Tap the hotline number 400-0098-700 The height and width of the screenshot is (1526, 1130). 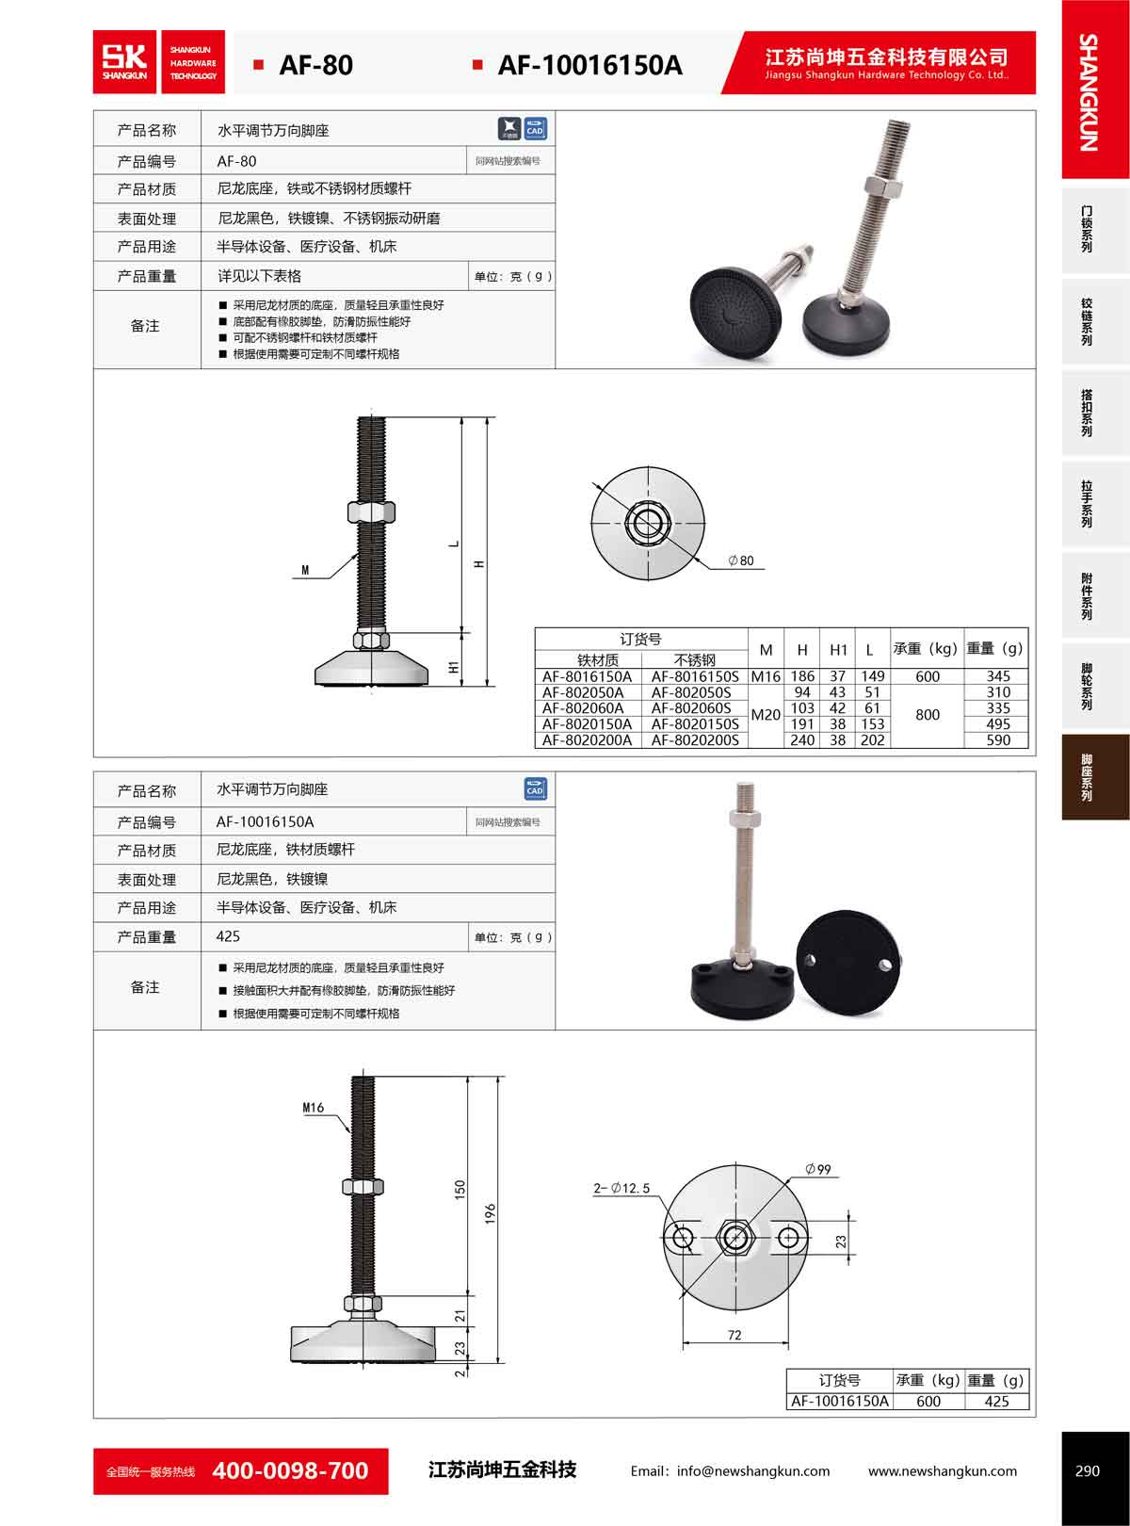point(290,1470)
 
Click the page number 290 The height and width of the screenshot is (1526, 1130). point(1088,1470)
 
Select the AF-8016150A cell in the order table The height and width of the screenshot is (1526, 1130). point(587,676)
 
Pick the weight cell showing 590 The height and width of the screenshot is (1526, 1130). point(998,740)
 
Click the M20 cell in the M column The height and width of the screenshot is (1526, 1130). point(766,715)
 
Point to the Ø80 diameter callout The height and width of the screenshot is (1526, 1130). point(741,560)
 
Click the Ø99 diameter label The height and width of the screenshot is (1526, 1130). point(817,1169)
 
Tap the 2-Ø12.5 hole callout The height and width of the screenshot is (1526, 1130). point(621,1188)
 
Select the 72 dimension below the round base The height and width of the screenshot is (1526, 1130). point(734,1335)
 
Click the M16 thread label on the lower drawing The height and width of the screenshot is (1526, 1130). point(313,1107)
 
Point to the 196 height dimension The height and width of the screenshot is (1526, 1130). point(490,1213)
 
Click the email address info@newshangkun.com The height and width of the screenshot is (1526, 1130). point(753,1471)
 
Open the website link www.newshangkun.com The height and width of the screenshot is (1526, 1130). point(943,1471)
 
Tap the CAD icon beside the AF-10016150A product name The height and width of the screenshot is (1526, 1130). point(535,789)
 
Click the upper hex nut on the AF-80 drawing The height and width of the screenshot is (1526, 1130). point(371,512)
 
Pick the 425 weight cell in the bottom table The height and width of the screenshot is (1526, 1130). point(996,1402)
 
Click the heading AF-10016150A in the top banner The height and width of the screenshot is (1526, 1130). point(590,65)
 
